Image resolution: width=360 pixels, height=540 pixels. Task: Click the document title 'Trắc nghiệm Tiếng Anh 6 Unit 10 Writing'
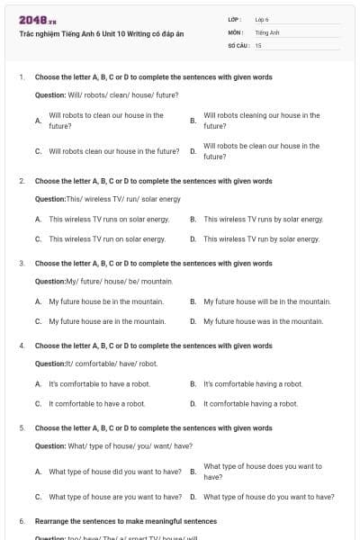tap(101, 33)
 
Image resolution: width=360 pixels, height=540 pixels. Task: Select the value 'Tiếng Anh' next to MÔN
tap(267, 31)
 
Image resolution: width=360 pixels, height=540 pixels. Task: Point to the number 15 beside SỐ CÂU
tap(258, 44)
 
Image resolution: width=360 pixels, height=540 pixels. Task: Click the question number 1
tap(22, 77)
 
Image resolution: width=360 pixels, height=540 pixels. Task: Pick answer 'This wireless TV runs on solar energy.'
tap(109, 219)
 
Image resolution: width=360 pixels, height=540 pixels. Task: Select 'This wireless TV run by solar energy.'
tap(261, 238)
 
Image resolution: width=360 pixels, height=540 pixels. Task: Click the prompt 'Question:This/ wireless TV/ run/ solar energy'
tap(108, 198)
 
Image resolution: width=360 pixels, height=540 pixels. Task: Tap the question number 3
tap(22, 264)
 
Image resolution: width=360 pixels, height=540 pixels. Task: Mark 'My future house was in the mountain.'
tap(263, 321)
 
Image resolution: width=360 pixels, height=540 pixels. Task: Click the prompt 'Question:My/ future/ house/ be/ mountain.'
tap(103, 281)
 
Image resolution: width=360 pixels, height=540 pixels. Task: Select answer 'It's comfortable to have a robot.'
tap(99, 384)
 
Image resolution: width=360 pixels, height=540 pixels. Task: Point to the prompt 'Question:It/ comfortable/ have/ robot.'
tap(96, 364)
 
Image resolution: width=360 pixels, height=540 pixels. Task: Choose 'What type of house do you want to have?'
tap(268, 496)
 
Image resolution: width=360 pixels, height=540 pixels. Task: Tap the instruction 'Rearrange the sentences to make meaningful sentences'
tap(126, 521)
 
